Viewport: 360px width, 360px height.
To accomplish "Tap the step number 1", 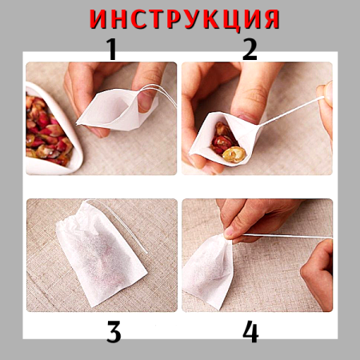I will pyautogui.click(x=112, y=50).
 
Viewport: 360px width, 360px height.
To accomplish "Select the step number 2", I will pyautogui.click(x=250, y=50).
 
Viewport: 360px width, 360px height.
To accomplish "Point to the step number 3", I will pyautogui.click(x=114, y=330).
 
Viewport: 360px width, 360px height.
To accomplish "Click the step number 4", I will pyautogui.click(x=250, y=330).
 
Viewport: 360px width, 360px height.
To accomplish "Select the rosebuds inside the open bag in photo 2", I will pyautogui.click(x=227, y=145).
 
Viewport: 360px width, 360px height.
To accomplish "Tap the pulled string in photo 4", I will pyautogui.click(x=280, y=236).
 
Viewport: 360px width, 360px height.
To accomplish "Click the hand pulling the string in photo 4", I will pyautogui.click(x=318, y=272).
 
